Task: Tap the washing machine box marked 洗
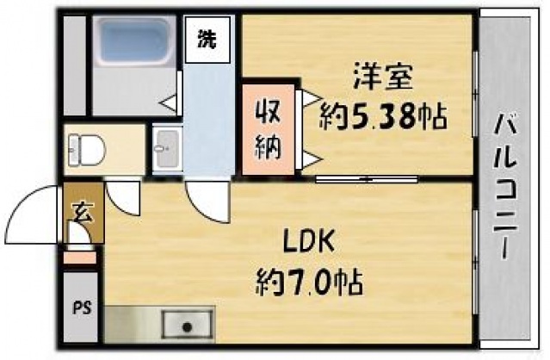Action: pos(207,40)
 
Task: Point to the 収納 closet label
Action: pos(267,128)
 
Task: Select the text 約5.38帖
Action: pos(383,115)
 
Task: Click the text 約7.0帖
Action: pos(309,280)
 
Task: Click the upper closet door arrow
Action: pos(308,101)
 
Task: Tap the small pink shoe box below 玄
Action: pos(80,257)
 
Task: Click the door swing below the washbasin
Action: pos(207,203)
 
